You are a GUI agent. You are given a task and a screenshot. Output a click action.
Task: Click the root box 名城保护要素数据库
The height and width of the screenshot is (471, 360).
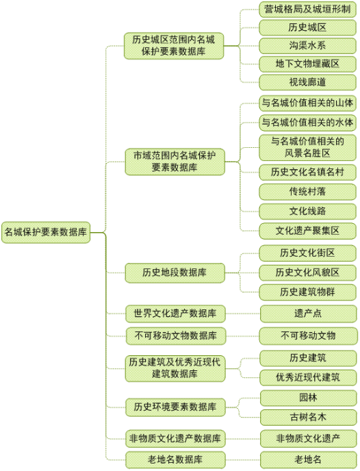pos(46,232)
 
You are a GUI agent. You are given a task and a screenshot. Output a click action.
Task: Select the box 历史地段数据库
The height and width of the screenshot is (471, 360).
pos(175,272)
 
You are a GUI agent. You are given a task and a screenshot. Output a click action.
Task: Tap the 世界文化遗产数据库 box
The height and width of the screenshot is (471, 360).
pos(175,314)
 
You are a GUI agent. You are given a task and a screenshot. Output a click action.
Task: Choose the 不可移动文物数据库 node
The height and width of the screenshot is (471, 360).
pos(176,336)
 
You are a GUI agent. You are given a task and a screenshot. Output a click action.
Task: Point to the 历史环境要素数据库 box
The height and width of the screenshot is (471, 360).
pos(175,407)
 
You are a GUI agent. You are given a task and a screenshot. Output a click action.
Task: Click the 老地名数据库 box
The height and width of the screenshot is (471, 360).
pos(175,460)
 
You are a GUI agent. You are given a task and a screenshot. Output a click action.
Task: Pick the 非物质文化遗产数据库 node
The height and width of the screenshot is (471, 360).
pos(175,439)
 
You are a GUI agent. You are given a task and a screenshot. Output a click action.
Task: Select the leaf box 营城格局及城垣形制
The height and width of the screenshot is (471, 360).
pos(308,10)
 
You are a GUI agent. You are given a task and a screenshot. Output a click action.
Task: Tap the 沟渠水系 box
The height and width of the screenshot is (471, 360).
pos(308,46)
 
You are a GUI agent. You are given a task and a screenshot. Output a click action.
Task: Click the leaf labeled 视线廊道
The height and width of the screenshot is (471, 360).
pos(308,82)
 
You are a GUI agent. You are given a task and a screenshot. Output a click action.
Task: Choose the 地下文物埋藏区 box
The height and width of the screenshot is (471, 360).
pos(308,64)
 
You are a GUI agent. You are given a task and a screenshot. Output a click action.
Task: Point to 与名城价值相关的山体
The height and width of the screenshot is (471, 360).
pos(308,103)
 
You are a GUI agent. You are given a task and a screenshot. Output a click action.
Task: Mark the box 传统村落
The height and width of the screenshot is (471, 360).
pos(308,192)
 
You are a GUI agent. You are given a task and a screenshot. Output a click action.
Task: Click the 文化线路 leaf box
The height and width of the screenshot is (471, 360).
pos(308,212)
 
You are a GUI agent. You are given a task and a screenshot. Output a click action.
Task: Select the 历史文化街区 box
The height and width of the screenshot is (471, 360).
pos(308,253)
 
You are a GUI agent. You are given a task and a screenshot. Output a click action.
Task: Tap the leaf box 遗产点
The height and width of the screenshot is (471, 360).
pos(309,314)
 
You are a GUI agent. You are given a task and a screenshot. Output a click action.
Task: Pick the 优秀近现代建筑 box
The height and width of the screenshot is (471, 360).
pos(309,378)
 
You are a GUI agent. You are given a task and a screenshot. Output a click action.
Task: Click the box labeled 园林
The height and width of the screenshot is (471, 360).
pos(309,398)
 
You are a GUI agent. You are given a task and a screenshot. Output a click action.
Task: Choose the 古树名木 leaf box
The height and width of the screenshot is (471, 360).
pos(309,417)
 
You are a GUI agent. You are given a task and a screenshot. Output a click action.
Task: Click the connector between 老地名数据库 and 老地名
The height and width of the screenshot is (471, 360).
pos(242,460)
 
